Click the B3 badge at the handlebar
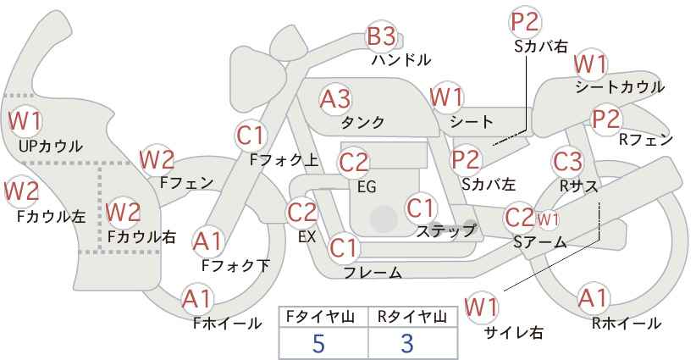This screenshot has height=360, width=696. (382, 36)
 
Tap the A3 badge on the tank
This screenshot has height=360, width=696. (335, 99)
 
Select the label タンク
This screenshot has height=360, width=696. (362, 123)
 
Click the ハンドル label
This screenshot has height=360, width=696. (401, 59)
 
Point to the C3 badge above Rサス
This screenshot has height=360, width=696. (566, 162)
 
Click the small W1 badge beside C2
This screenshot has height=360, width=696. (547, 219)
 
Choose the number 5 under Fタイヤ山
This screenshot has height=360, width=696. (318, 343)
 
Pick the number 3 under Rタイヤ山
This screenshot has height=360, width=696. (407, 343)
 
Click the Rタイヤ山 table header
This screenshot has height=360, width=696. (412, 317)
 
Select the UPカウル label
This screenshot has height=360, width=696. (51, 146)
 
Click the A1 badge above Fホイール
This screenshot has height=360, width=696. (197, 300)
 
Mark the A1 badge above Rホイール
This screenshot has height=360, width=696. (593, 299)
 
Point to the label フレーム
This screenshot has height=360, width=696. (373, 272)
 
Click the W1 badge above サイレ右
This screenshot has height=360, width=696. (481, 307)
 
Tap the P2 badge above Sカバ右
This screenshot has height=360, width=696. (524, 23)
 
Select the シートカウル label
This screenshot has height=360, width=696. (620, 87)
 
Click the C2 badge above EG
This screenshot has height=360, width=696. (353, 163)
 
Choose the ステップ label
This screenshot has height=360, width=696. (445, 231)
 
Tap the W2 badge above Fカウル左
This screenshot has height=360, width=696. (21, 191)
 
